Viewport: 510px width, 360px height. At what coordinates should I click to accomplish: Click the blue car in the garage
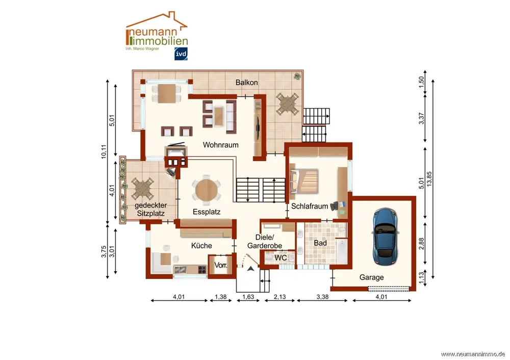pos(386,237)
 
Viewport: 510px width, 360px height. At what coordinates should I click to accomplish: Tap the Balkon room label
pos(246,83)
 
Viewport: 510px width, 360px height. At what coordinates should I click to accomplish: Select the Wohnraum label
pos(220,145)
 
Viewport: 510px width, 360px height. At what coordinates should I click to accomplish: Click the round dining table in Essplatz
pos(207,190)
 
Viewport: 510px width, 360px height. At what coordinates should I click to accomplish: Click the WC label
pos(280,258)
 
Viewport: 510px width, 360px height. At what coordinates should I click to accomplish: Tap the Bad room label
pos(320,243)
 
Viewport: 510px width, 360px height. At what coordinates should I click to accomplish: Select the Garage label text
pos(371,277)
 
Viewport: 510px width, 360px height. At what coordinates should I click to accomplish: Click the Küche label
pos(201,246)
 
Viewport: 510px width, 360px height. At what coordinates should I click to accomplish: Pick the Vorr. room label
pos(221,265)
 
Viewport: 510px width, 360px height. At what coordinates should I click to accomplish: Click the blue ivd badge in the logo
pos(181,54)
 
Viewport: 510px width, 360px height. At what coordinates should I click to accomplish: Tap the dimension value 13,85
pos(429,179)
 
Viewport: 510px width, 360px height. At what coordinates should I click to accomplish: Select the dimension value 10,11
pos(104,151)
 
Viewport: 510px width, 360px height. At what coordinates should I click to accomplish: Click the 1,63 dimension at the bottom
pos(248,297)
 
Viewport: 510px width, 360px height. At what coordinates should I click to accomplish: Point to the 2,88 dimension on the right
pos(421,244)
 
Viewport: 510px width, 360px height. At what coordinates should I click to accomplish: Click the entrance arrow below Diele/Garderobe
pos(250,269)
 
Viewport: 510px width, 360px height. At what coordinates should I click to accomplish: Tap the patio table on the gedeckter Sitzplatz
pos(142,189)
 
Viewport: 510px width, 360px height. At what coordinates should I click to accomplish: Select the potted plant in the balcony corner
pos(297,76)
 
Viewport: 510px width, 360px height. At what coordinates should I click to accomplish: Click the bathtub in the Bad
pos(342,251)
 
